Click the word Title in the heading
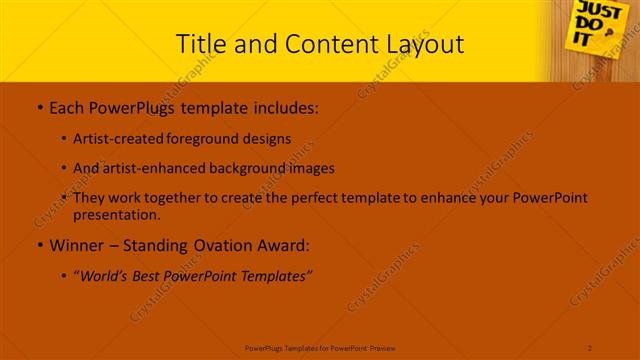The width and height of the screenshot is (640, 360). [200, 44]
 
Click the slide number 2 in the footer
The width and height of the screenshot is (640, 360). [590, 347]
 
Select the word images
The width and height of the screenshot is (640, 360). [311, 168]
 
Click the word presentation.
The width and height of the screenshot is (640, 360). [116, 214]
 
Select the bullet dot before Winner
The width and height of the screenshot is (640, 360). [38, 246]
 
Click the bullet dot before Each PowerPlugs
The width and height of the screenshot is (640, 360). [38, 107]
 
